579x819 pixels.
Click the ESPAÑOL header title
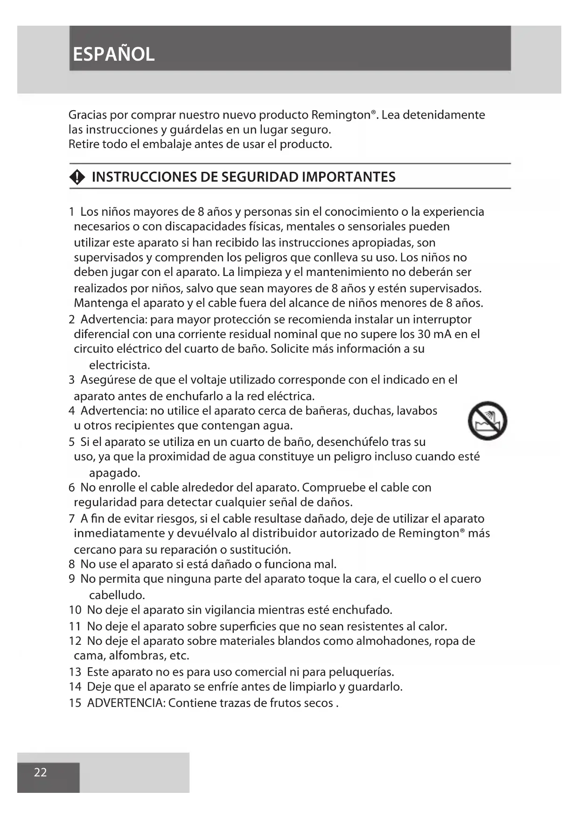tap(113, 54)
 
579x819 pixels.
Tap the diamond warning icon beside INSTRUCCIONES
tap(77, 177)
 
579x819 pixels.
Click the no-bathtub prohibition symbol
tap(487, 420)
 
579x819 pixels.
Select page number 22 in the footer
tap(40, 772)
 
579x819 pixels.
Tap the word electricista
tap(119, 365)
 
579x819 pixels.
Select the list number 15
tap(75, 703)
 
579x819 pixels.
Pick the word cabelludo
tap(117, 595)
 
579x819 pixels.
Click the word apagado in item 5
tap(114, 473)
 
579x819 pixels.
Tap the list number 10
tap(75, 610)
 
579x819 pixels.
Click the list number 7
tap(72, 519)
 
